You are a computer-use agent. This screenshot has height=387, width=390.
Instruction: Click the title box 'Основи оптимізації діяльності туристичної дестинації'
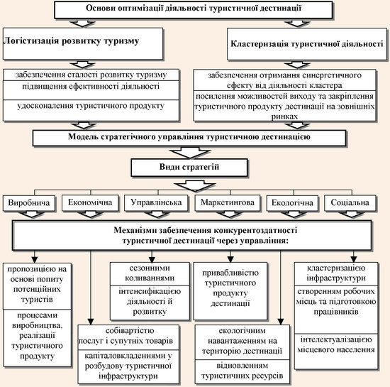194,10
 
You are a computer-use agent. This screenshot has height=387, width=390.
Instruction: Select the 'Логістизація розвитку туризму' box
83,43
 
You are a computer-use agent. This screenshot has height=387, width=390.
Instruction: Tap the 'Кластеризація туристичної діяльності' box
307,44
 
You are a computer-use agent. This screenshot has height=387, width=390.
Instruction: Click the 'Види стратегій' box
189,168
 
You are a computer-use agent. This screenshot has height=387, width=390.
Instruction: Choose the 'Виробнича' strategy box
29,203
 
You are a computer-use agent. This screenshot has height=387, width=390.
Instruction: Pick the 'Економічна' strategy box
90,202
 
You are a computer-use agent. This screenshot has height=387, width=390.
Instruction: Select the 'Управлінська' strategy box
156,202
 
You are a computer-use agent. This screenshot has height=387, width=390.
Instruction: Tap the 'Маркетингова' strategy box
228,202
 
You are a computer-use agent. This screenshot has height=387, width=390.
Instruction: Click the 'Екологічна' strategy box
292,203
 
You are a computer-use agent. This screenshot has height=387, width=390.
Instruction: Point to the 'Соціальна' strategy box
350,203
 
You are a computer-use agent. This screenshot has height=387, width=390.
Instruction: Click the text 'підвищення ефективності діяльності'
91,87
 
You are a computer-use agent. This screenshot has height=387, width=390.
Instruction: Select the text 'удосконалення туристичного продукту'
91,106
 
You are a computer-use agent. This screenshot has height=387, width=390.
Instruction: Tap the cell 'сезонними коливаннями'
150,273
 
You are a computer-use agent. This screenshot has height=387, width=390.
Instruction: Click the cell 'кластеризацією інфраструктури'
336,273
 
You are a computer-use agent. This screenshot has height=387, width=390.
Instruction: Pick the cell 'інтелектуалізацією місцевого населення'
336,351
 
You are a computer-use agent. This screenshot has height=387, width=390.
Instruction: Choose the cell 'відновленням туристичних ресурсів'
243,371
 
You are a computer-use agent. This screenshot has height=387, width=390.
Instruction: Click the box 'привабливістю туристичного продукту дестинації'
230,291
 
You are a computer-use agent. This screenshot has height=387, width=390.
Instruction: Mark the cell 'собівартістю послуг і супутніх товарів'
128,337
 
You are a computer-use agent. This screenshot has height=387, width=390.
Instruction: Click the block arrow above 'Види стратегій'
189,153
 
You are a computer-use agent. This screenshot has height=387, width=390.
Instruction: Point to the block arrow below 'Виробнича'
32,214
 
